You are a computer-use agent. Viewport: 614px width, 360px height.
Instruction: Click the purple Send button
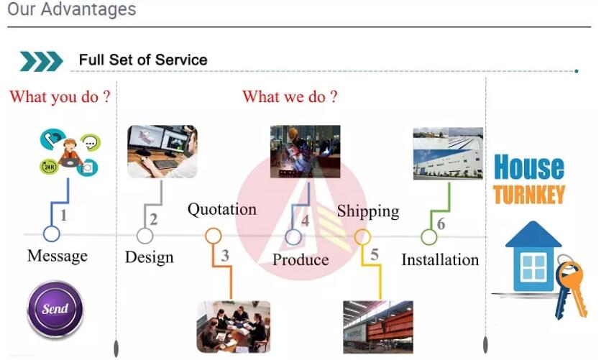click(55, 309)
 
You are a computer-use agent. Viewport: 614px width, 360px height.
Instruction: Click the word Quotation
click(222, 209)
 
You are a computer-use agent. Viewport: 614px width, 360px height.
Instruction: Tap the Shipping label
click(368, 211)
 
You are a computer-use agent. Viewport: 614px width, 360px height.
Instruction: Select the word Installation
click(440, 260)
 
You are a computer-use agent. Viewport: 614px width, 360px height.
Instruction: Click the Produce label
click(301, 260)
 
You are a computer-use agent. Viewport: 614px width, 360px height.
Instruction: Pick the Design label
click(150, 258)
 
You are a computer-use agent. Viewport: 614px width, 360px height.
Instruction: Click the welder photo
click(306, 152)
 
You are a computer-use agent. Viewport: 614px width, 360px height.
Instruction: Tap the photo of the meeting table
click(234, 327)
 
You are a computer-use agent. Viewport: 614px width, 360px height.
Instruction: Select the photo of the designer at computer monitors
click(162, 152)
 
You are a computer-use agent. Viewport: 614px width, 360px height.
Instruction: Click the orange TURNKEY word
click(529, 195)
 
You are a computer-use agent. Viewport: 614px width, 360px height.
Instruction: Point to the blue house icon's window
click(533, 267)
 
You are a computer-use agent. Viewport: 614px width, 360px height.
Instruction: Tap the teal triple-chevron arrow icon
click(42, 61)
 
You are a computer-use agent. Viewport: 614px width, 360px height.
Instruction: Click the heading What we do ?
click(290, 97)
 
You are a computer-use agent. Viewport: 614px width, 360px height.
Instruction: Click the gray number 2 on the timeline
click(154, 220)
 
